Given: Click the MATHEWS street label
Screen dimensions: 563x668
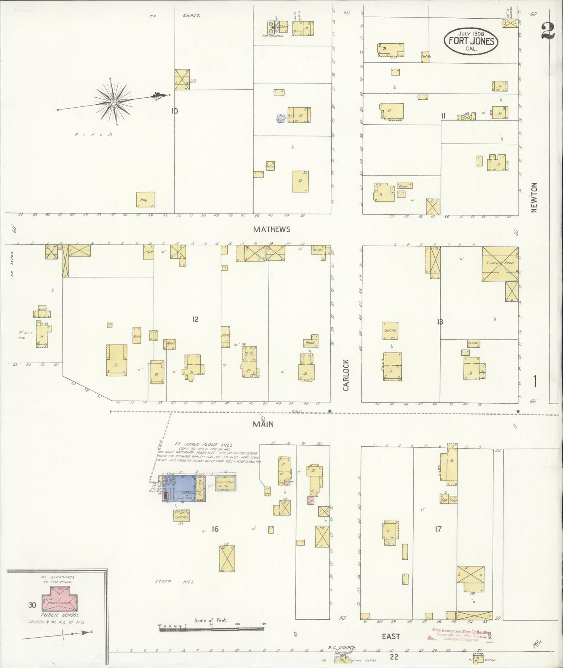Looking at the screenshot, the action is tap(272, 229).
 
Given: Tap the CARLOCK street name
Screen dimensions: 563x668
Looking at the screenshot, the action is tap(346, 375).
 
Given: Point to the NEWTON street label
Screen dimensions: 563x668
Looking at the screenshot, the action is tap(534, 198).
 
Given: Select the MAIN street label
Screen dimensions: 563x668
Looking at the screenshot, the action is tap(263, 424).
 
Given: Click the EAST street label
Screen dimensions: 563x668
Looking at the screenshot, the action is tap(391, 636).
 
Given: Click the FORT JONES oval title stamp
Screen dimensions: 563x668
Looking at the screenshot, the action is tap(471, 41).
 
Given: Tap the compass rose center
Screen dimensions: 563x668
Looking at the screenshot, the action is tap(113, 102).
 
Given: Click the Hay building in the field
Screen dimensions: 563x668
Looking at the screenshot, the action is tap(146, 200).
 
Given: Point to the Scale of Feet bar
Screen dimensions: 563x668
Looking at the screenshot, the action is tap(212, 629).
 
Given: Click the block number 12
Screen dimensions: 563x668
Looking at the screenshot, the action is tap(195, 320).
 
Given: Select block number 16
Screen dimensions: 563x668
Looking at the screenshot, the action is tap(215, 529).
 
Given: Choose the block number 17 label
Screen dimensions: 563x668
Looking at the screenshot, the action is tap(438, 529).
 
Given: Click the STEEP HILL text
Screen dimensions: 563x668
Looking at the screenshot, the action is tap(174, 582).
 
